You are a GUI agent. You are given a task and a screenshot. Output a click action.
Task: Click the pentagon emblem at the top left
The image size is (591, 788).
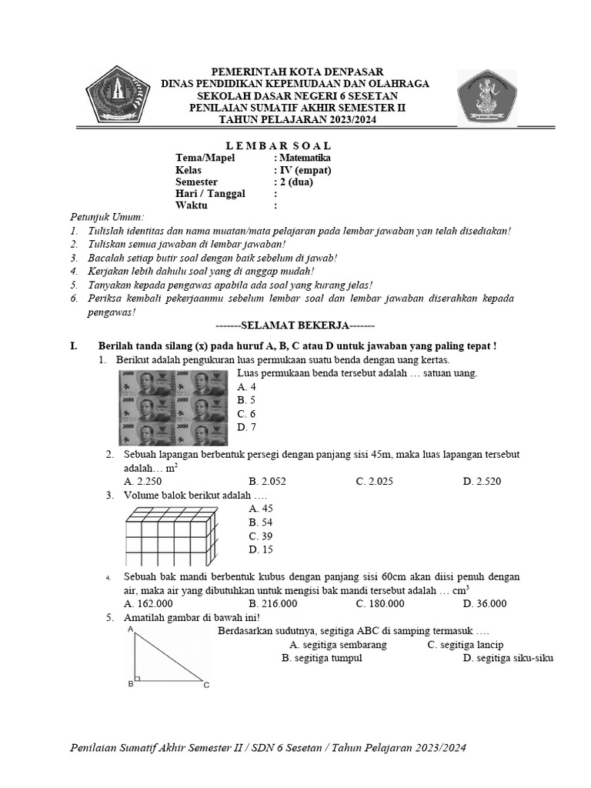[115, 97]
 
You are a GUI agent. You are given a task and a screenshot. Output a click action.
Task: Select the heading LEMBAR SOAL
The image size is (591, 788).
[269, 145]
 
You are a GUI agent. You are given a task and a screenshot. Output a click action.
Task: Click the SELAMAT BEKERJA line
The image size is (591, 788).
[295, 326]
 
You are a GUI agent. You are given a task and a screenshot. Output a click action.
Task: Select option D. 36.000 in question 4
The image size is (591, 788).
[484, 603]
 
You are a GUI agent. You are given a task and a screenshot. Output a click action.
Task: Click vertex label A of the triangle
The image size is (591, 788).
[131, 629]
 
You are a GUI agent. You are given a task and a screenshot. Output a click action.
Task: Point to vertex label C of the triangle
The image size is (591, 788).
[206, 684]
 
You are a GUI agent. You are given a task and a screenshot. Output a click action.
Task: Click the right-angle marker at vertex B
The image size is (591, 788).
[137, 679]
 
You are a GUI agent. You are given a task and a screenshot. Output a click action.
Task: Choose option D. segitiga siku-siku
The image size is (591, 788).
[508, 658]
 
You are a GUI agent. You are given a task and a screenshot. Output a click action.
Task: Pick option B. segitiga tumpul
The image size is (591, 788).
[322, 658]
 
